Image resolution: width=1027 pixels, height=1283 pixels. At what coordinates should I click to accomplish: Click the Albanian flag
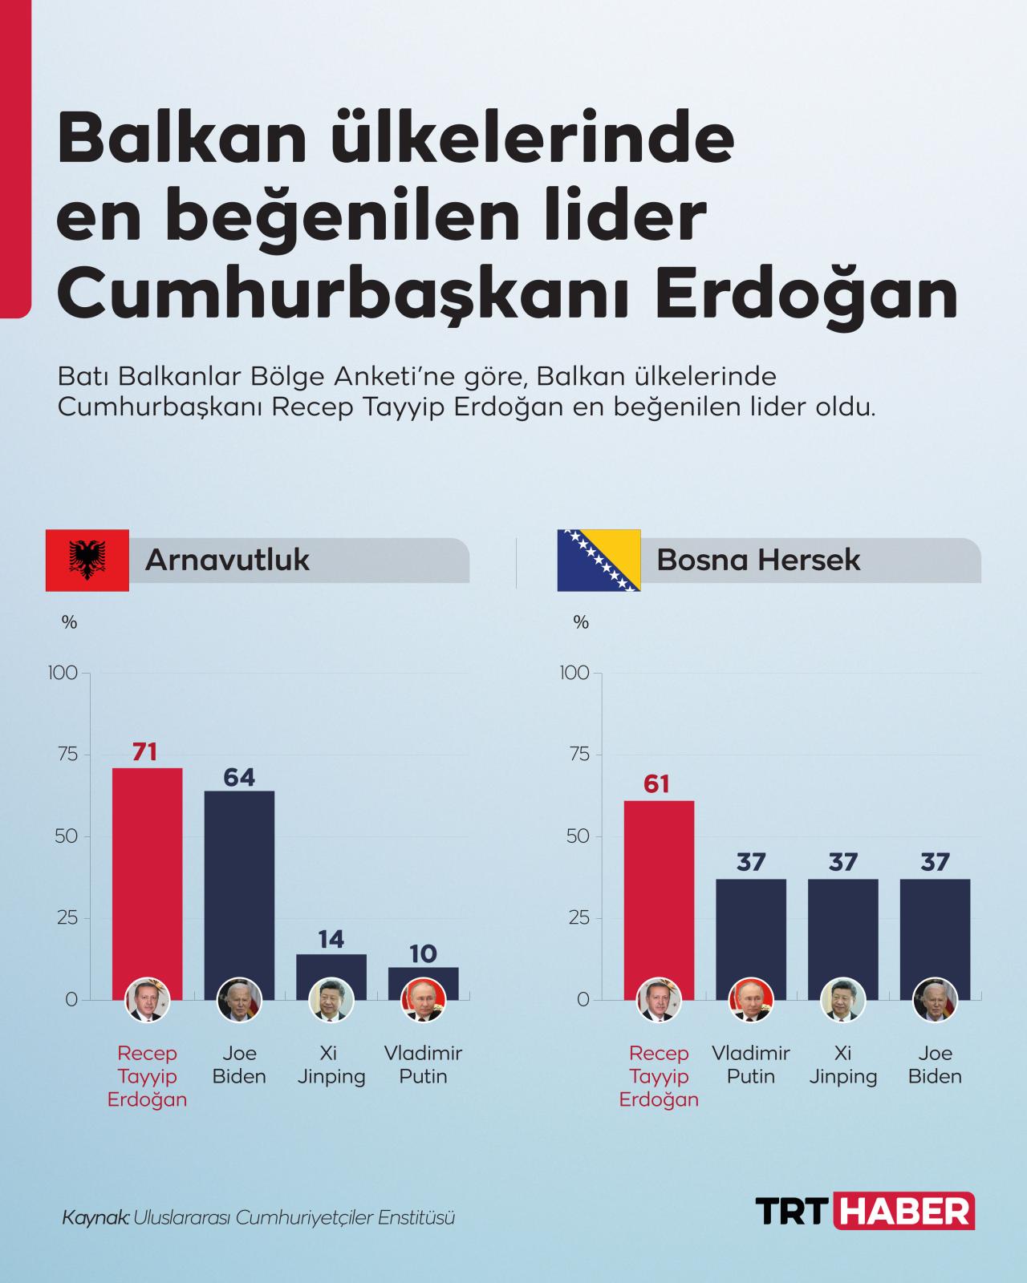tap(87, 560)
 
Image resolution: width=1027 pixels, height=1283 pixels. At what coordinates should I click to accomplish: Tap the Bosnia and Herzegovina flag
tap(599, 560)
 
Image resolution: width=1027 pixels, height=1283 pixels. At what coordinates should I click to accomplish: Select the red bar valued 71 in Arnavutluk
tap(147, 874)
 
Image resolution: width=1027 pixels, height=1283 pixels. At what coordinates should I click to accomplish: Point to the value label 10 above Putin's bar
tap(423, 953)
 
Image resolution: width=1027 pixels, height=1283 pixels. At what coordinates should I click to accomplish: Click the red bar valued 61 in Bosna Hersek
tap(659, 890)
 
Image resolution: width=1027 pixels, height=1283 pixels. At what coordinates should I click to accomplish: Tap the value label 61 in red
tap(656, 783)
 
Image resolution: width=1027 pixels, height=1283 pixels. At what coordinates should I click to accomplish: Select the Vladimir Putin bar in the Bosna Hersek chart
tap(751, 930)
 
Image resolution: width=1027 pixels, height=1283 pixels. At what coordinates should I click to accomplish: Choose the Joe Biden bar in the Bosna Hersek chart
tap(935, 930)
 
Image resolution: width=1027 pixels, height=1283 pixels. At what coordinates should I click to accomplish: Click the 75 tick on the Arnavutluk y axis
tap(67, 755)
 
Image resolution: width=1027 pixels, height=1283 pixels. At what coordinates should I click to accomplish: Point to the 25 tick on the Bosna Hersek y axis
tap(579, 918)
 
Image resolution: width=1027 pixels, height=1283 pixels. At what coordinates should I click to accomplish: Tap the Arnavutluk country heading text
tap(227, 560)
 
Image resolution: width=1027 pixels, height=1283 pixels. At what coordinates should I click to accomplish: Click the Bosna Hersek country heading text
tap(758, 560)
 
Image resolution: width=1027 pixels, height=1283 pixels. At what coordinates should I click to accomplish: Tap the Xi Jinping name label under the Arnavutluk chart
tap(331, 1065)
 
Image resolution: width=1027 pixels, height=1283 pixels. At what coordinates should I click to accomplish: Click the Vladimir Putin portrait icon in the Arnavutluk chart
tap(422, 1001)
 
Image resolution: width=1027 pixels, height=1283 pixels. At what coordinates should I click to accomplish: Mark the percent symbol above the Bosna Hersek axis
tap(582, 622)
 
